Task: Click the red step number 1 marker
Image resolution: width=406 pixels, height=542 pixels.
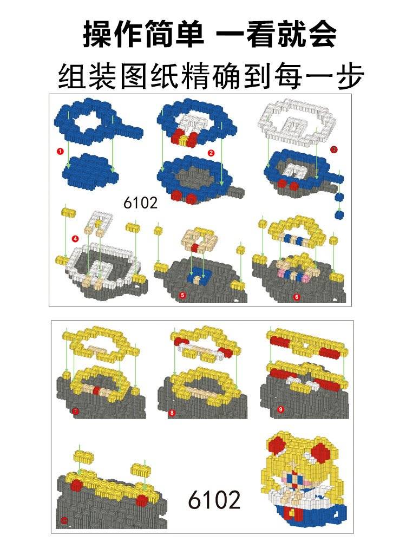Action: click(61, 152)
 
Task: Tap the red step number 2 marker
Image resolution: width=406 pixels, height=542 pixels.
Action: click(211, 153)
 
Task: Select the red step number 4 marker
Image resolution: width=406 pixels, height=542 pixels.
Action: click(75, 238)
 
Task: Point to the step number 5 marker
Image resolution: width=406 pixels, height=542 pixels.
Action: click(182, 295)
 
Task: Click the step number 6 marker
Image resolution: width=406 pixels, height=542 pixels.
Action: click(297, 297)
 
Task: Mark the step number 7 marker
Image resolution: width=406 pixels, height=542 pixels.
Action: click(75, 412)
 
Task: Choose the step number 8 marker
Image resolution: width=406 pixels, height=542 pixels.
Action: click(172, 413)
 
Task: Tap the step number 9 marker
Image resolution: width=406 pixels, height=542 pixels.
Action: click(280, 409)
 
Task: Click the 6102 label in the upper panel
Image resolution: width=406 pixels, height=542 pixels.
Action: click(140, 203)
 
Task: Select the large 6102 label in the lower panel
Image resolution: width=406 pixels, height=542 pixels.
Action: click(214, 500)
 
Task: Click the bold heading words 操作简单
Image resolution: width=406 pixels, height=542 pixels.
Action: click(143, 34)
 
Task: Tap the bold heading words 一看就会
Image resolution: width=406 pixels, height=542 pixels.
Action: click(277, 34)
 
